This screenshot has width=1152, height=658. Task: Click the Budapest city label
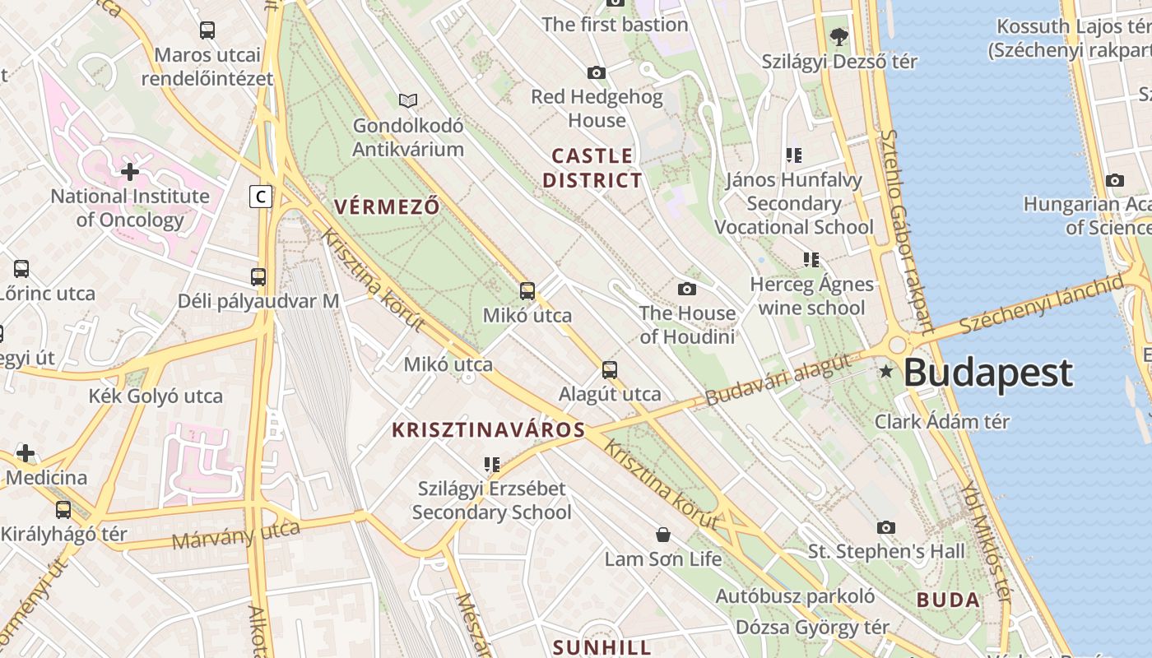pyautogui.click(x=987, y=373)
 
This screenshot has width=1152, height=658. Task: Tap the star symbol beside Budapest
pyautogui.click(x=886, y=372)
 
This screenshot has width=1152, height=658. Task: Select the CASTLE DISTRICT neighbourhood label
pyautogui.click(x=592, y=168)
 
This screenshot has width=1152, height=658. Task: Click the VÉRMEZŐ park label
pyautogui.click(x=387, y=206)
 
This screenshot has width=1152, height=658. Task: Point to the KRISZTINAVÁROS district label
pyautogui.click(x=488, y=429)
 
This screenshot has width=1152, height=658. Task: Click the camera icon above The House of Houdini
pyautogui.click(x=687, y=289)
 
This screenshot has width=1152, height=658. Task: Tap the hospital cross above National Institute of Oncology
pyautogui.click(x=130, y=172)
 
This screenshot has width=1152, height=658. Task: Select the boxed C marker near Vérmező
pyautogui.click(x=261, y=197)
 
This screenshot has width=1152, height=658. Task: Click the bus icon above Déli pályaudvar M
pyautogui.click(x=258, y=277)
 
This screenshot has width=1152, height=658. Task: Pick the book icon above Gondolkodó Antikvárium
pyautogui.click(x=408, y=101)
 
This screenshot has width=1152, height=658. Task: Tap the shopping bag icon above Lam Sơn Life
pyautogui.click(x=663, y=535)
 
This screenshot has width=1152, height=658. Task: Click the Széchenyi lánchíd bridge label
pyautogui.click(x=1041, y=306)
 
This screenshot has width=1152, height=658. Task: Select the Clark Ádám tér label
pyautogui.click(x=941, y=422)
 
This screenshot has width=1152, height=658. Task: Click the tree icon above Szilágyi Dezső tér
pyautogui.click(x=839, y=37)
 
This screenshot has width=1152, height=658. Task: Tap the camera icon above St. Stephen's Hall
pyautogui.click(x=886, y=527)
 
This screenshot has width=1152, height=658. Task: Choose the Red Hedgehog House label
pyautogui.click(x=597, y=109)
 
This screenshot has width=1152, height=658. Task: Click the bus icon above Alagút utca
pyautogui.click(x=610, y=369)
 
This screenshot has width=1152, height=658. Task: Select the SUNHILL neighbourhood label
pyautogui.click(x=602, y=647)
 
